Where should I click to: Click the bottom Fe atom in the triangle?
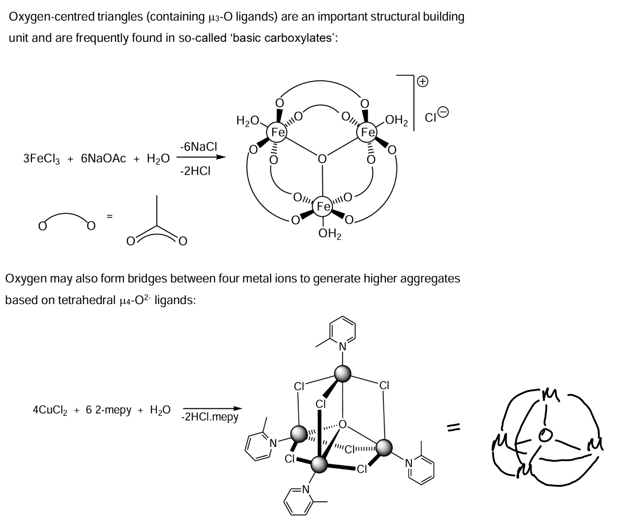point(323,206)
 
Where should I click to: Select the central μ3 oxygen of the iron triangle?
point(322,159)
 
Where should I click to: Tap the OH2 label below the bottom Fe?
point(330,234)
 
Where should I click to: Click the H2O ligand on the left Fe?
point(247,121)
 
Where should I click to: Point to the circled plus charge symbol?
point(423,81)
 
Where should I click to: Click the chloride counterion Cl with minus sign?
point(437,115)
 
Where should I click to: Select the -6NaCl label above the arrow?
point(199,147)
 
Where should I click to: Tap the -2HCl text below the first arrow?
point(195,171)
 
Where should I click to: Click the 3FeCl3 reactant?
point(41,159)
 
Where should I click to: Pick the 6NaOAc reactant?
point(103,158)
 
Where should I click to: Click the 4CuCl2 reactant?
point(50,410)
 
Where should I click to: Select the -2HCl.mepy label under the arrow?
point(209,417)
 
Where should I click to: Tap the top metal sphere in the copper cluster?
point(343,374)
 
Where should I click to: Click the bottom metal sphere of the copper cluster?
point(319,465)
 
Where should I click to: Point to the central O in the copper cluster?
point(342,424)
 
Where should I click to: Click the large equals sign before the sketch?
point(454,429)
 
